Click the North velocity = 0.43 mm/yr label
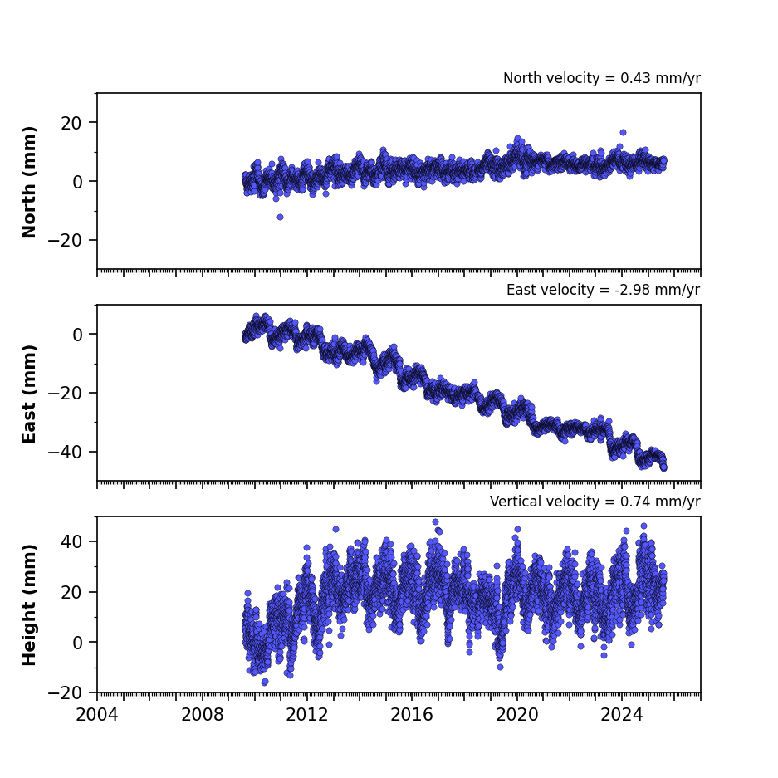pyautogui.click(x=602, y=78)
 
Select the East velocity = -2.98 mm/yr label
pyautogui.click(x=604, y=290)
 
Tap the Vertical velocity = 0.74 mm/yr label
pyautogui.click(x=595, y=502)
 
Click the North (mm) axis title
pyautogui.click(x=29, y=182)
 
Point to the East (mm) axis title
pyautogui.click(x=29, y=394)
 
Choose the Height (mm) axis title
pyautogui.click(x=29, y=604)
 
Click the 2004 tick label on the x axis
pyautogui.click(x=97, y=715)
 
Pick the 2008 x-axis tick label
pyautogui.click(x=202, y=715)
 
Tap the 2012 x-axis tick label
pyautogui.click(x=307, y=715)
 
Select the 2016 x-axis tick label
pyautogui.click(x=412, y=715)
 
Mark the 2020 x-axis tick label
pyautogui.click(x=517, y=715)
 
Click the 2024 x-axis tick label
pyautogui.click(x=622, y=715)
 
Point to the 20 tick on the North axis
pyautogui.click(x=71, y=123)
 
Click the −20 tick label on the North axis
pyautogui.click(x=65, y=240)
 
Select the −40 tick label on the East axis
pyautogui.click(x=65, y=452)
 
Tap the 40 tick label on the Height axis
pyautogui.click(x=71, y=541)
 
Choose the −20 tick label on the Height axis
pyautogui.click(x=65, y=692)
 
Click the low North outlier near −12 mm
pyautogui.click(x=281, y=217)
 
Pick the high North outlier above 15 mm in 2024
pyautogui.click(x=624, y=133)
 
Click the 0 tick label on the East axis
pyautogui.click(x=77, y=335)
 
